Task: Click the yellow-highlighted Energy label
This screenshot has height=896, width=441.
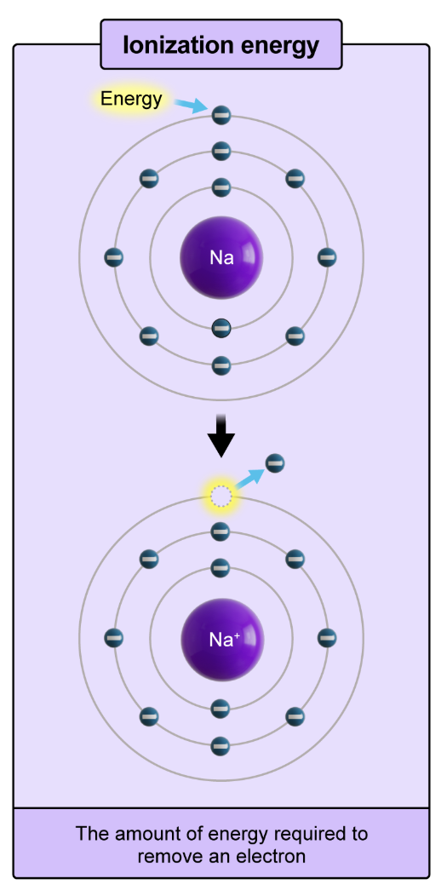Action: (131, 99)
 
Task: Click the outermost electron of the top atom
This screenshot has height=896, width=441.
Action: (221, 114)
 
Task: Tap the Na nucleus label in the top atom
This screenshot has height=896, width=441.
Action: (221, 257)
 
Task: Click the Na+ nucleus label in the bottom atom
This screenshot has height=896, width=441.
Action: (222, 640)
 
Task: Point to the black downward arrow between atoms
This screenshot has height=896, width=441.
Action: (221, 435)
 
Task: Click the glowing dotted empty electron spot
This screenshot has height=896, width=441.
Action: (220, 495)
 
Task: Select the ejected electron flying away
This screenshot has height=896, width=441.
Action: (274, 463)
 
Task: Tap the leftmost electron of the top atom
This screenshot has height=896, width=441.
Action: (113, 256)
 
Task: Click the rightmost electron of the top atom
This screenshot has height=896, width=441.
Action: (327, 256)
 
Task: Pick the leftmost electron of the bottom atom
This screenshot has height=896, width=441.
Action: (113, 637)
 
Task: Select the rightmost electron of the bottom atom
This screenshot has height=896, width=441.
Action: (327, 637)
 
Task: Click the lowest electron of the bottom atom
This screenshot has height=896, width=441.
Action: (220, 745)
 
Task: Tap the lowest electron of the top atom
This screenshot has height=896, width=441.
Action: (221, 366)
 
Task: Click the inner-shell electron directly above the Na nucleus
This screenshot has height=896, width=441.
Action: (221, 187)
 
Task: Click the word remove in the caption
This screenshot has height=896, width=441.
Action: (169, 856)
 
